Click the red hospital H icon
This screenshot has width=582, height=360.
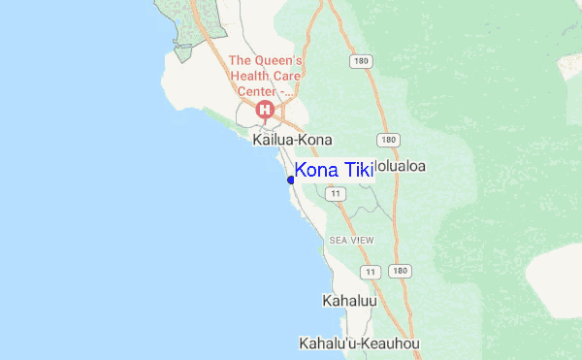coord(264,111)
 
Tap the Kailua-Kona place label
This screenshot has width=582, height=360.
coord(292,140)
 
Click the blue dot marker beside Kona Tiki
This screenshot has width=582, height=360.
coord(291,180)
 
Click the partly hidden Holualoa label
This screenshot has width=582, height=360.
coord(401,166)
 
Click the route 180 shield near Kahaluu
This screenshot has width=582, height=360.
coord(398,271)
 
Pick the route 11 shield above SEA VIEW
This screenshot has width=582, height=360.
coord(336,194)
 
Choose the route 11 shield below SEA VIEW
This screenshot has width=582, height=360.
coord(369,271)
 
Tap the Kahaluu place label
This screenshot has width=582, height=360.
coord(348,301)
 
